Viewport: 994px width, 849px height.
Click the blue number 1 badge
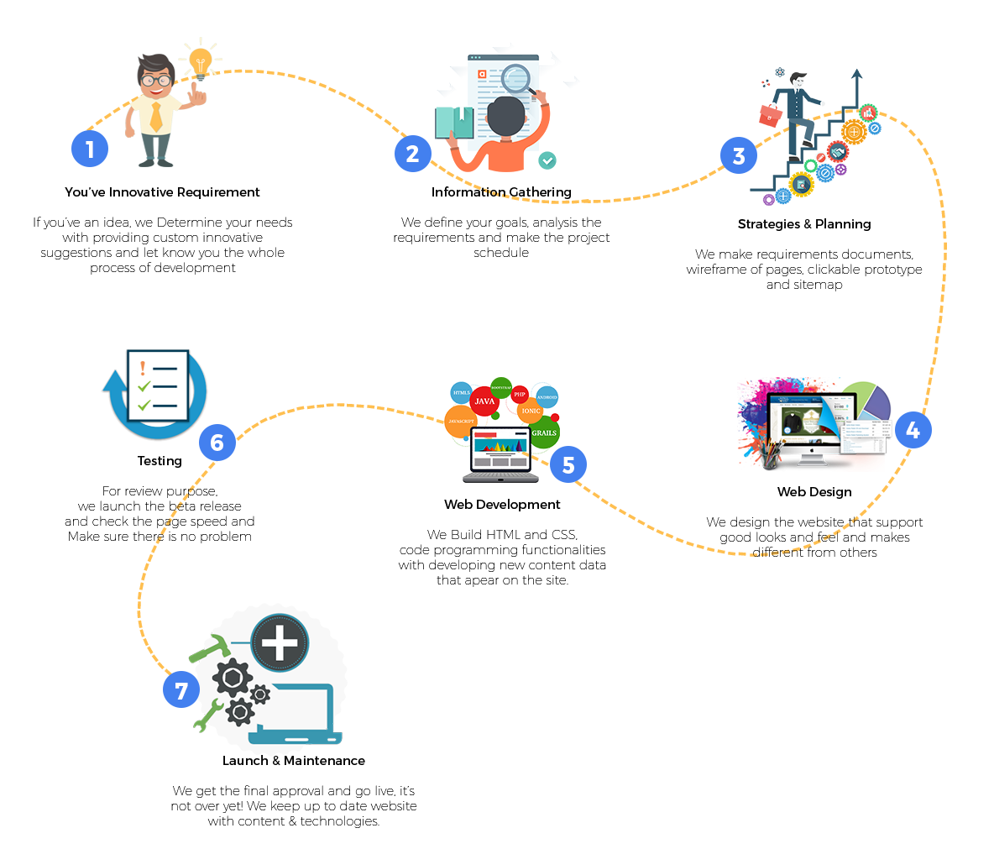tap(90, 149)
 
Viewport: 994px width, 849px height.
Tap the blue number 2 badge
tap(412, 154)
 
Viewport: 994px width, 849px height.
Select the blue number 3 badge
tap(739, 155)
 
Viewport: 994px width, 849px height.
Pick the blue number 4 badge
tap(913, 430)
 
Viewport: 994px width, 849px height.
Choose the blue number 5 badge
tap(568, 464)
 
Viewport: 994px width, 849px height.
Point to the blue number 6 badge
tap(217, 443)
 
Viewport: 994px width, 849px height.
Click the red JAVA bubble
tap(484, 401)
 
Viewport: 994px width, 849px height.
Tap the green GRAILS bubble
tap(544, 432)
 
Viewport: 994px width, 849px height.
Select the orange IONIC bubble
tap(531, 411)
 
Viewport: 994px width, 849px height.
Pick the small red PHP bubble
tap(520, 394)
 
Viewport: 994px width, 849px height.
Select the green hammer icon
tap(209, 647)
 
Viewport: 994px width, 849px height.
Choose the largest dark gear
tap(233, 678)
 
